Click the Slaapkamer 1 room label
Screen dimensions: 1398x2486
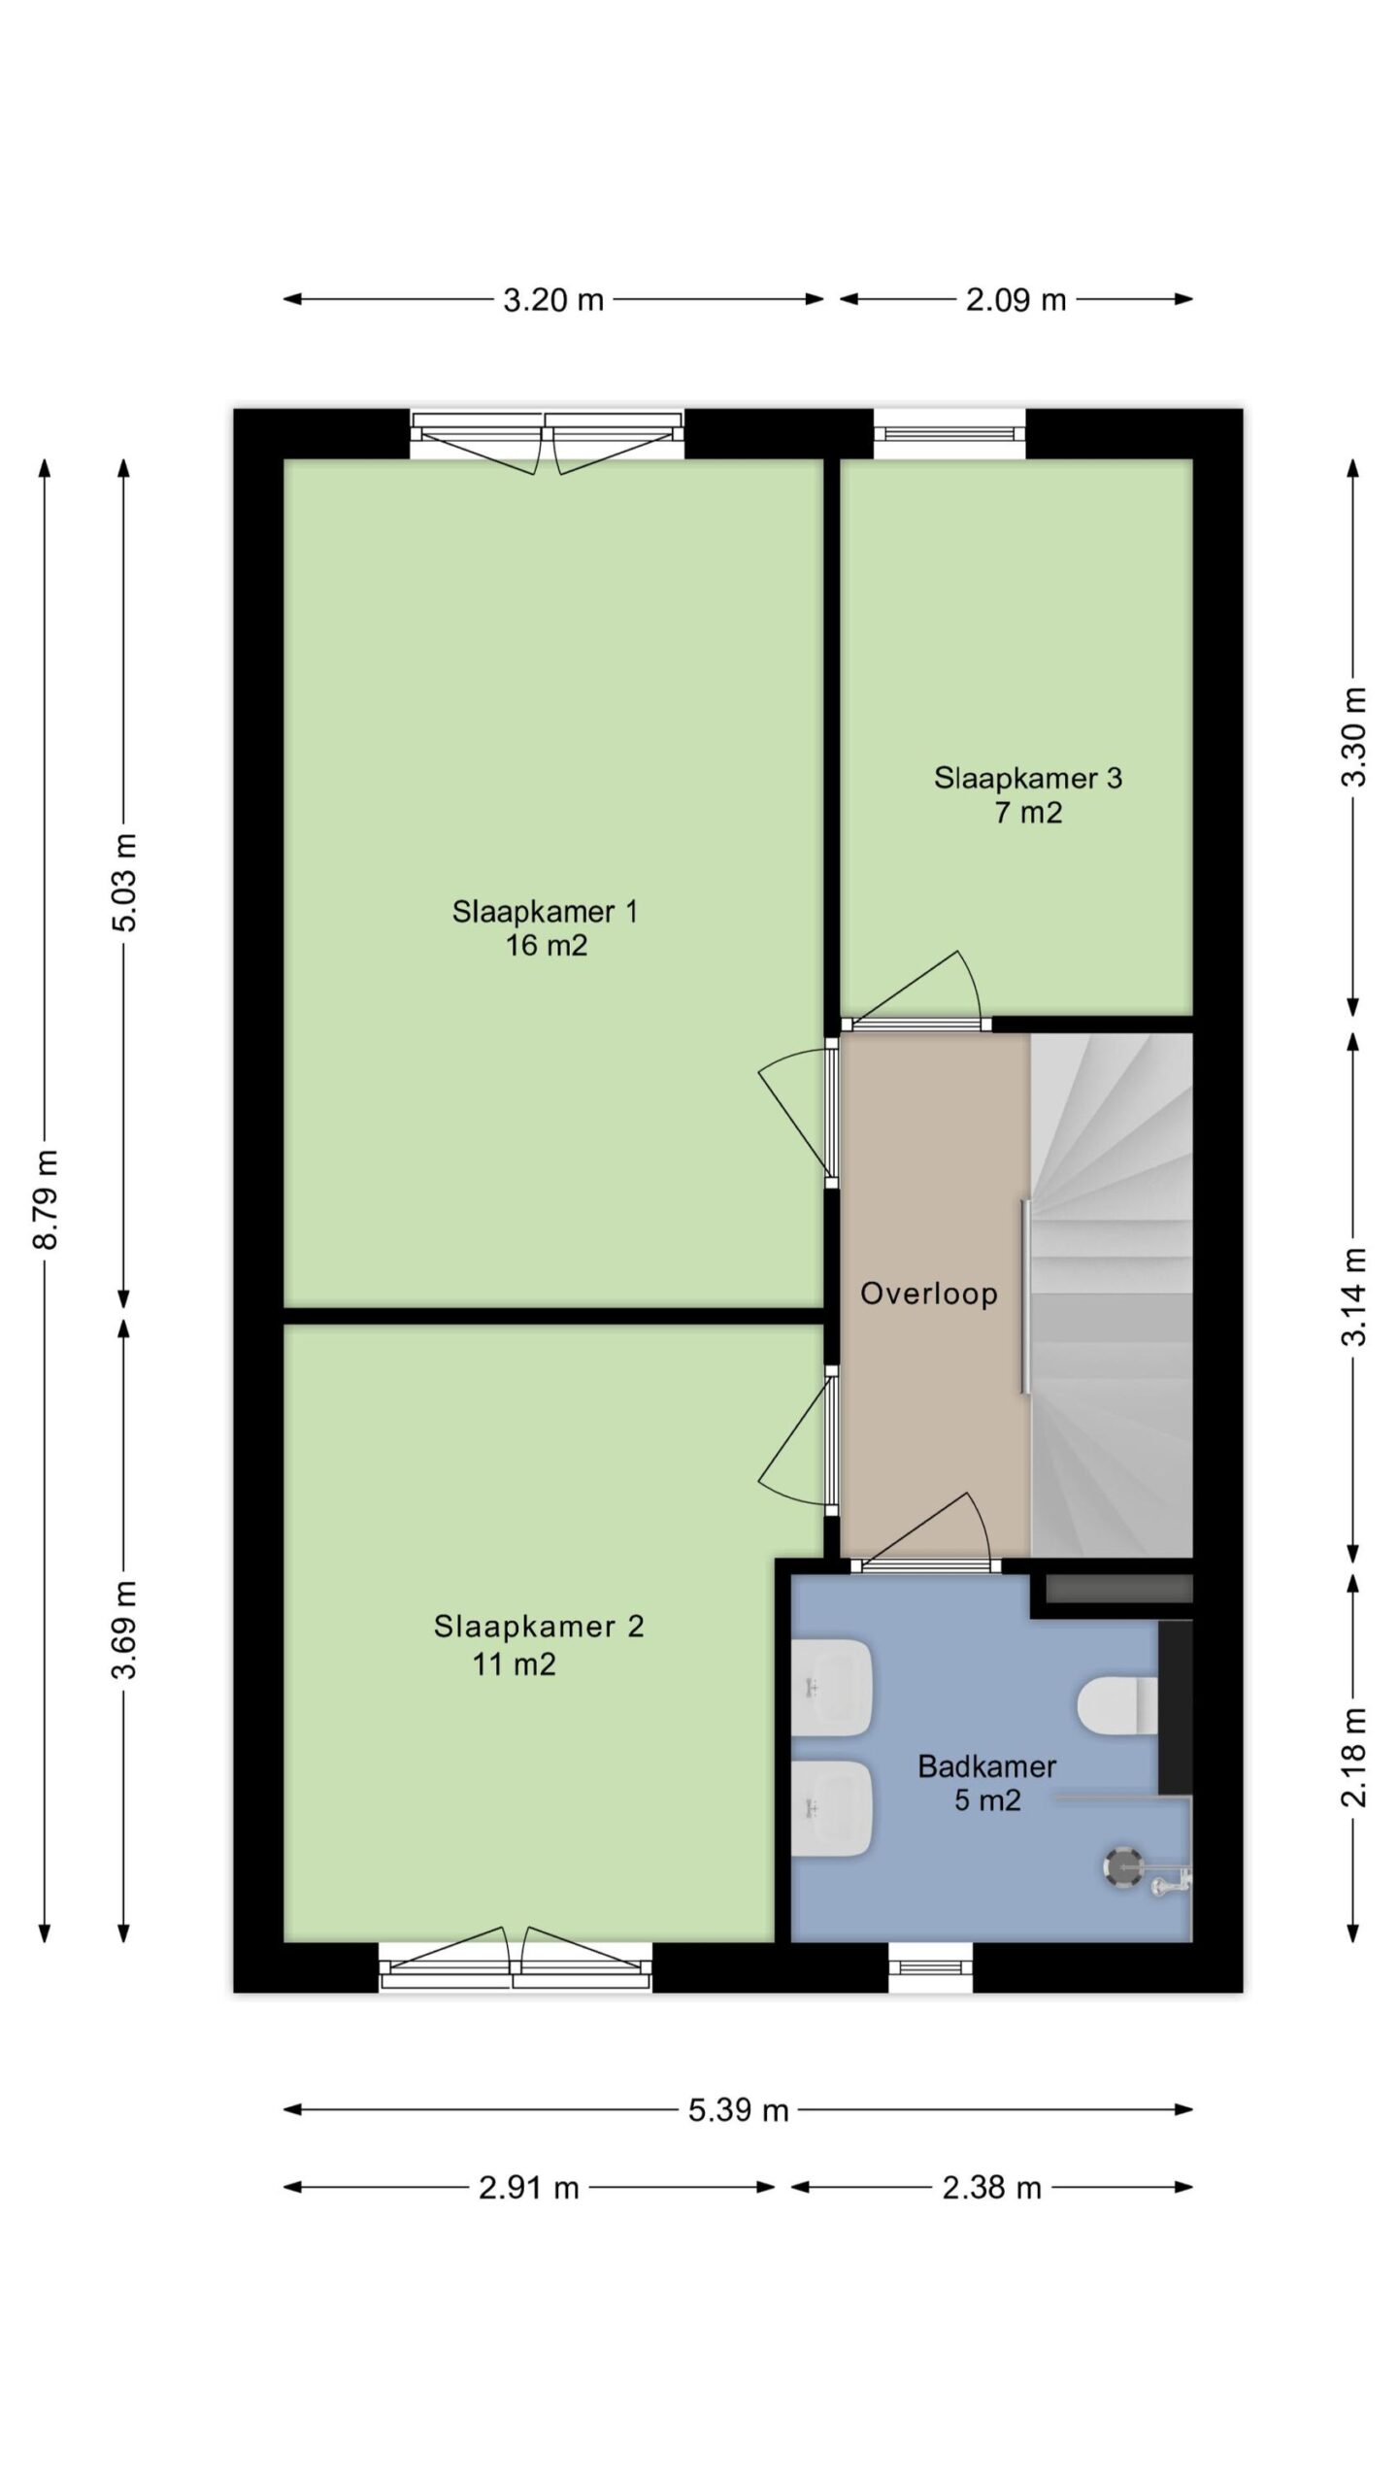545,912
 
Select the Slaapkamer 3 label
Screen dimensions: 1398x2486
1028,778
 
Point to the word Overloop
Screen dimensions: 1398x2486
929,1293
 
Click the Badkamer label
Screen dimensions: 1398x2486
987,1766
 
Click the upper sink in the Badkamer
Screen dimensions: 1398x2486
831,1688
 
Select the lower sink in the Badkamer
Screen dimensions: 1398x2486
831,1808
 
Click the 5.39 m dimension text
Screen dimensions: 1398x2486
739,2110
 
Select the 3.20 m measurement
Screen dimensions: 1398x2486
553,300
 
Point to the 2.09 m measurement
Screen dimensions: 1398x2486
1015,300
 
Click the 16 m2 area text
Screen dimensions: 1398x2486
546,945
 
